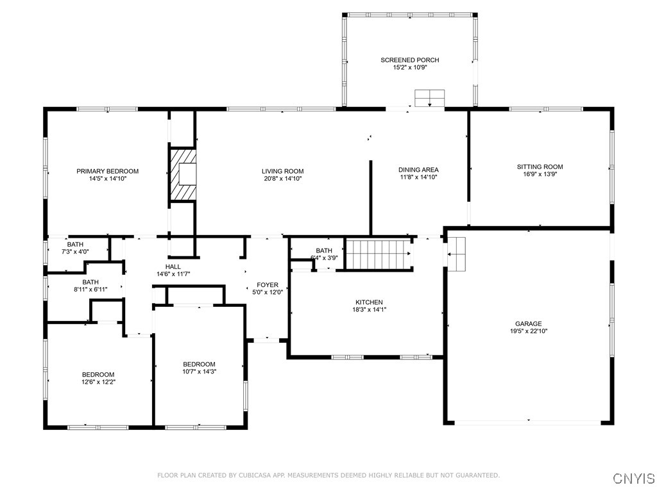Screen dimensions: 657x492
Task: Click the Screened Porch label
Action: click(410, 60)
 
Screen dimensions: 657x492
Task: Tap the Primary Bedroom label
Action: click(107, 171)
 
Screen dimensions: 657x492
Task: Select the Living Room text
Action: click(283, 171)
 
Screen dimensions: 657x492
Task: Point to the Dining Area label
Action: click(418, 169)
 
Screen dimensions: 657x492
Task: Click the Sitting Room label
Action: click(540, 167)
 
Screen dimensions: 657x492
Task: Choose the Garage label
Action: click(529, 324)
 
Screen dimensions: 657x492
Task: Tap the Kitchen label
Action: click(369, 302)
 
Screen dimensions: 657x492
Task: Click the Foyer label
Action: click(268, 285)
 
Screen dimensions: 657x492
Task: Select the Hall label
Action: click(173, 266)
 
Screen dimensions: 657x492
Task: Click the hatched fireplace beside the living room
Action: click(183, 174)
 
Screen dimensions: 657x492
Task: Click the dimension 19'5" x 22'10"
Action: click(529, 331)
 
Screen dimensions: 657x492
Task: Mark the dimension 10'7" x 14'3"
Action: click(199, 372)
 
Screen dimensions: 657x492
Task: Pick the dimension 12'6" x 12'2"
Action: click(98, 382)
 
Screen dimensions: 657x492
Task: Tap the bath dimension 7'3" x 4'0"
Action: click(75, 252)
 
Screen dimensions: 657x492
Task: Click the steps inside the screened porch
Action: click(429, 98)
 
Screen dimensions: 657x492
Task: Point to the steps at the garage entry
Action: click(457, 254)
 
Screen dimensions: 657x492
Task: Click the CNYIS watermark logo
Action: click(634, 478)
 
